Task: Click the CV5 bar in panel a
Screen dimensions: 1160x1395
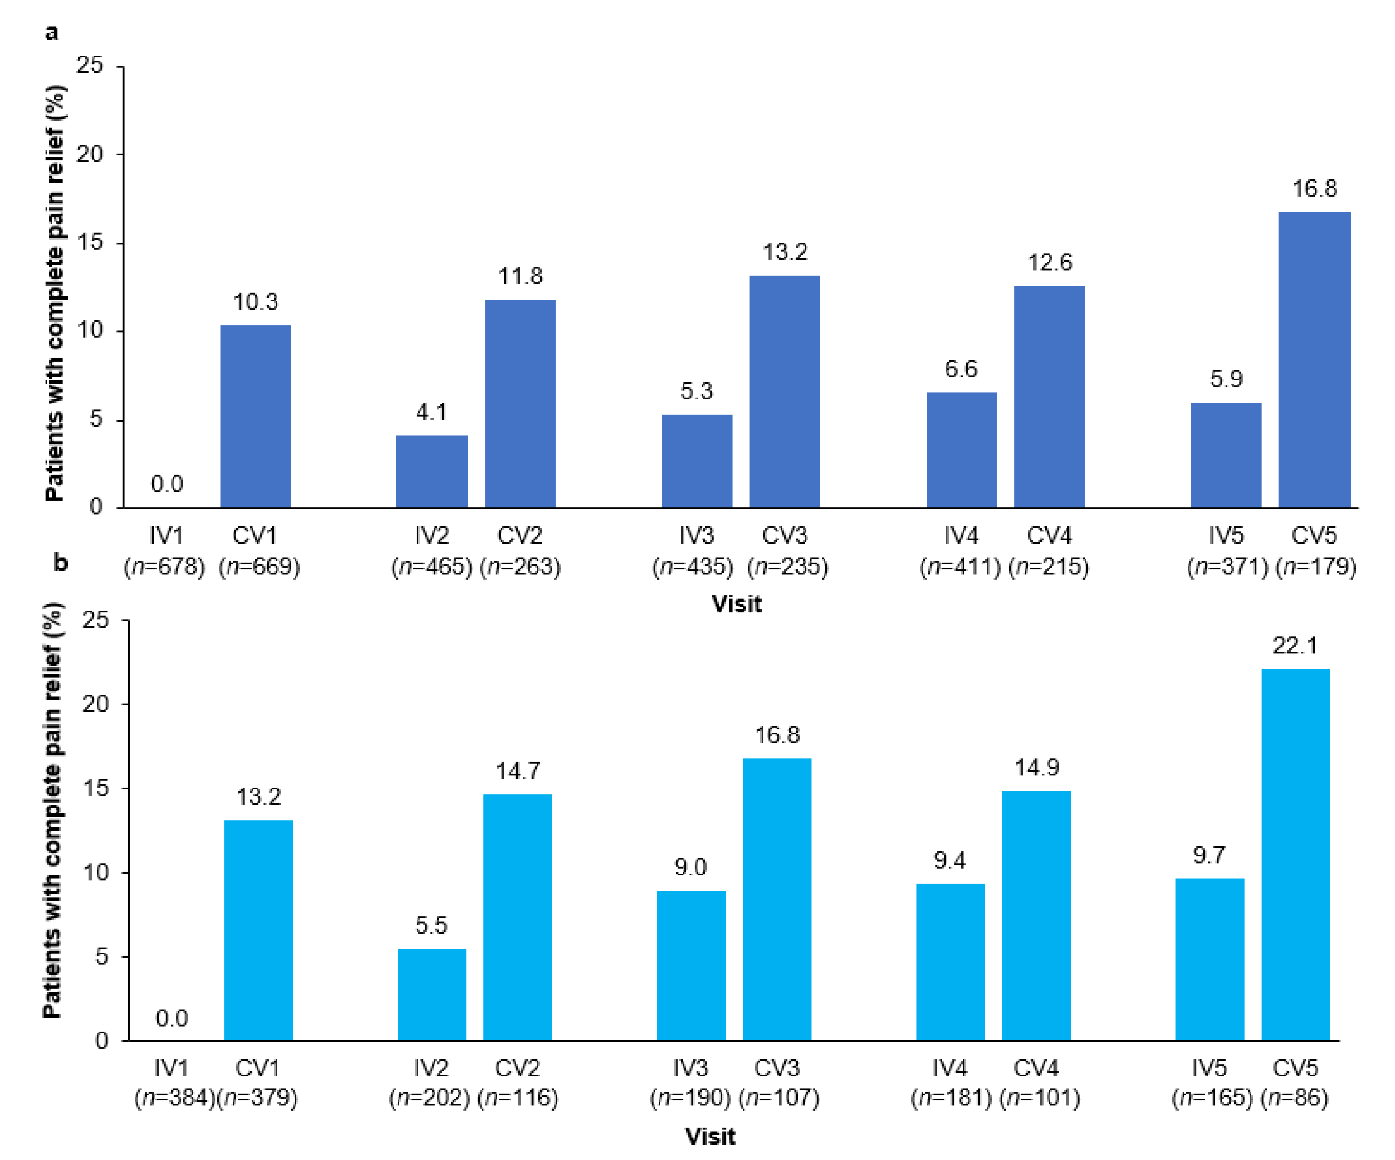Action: click(x=1314, y=361)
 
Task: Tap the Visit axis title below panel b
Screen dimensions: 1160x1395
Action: click(x=710, y=1137)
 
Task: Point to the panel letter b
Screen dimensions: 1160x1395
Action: click(x=61, y=563)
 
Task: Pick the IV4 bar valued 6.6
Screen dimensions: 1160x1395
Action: click(x=961, y=451)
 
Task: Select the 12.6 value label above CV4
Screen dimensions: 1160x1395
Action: click(x=1049, y=263)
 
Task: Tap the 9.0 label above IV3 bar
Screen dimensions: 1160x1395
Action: click(x=690, y=867)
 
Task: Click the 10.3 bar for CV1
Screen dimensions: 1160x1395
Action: click(x=255, y=417)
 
